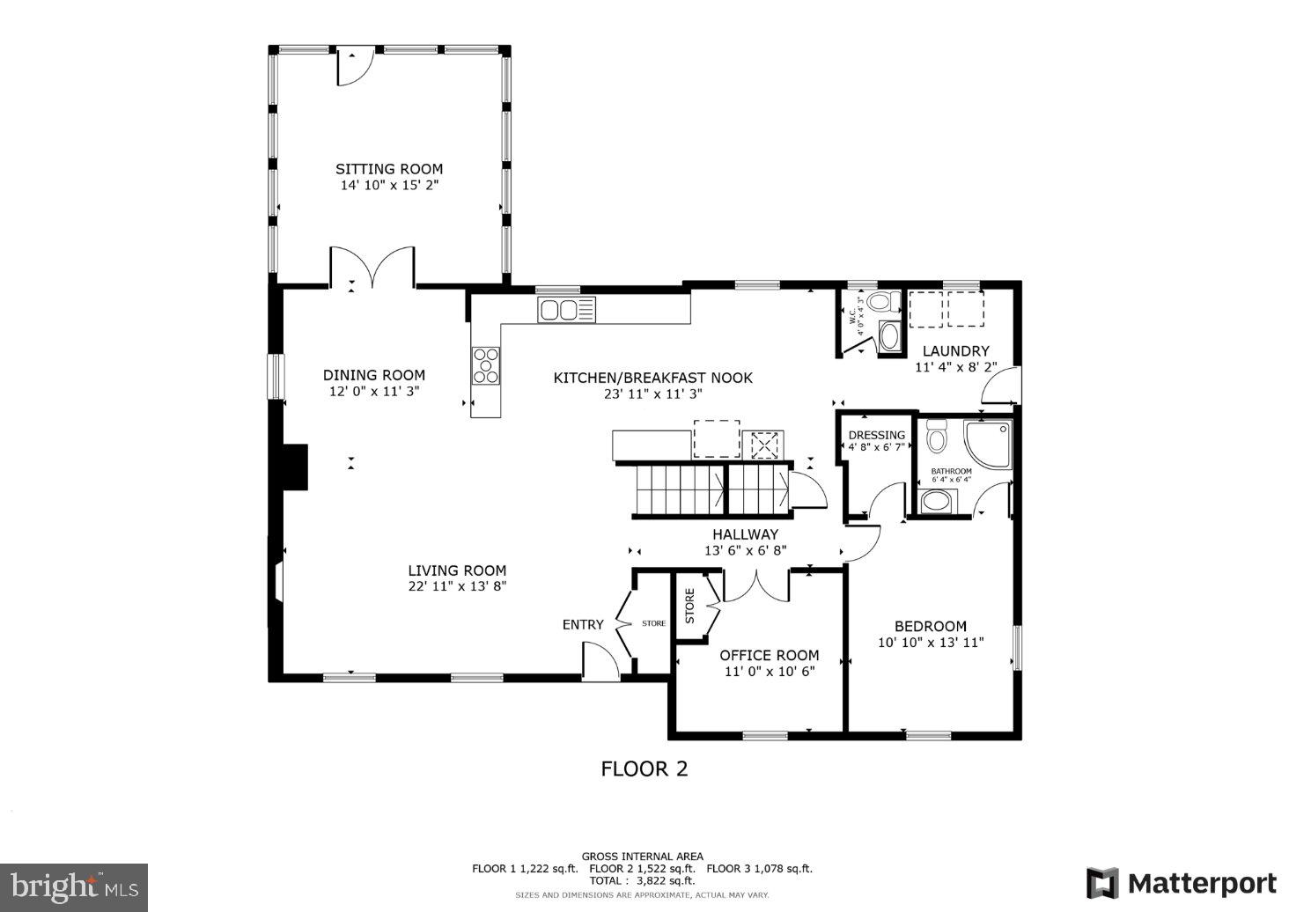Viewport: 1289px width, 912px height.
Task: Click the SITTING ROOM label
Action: pos(388,169)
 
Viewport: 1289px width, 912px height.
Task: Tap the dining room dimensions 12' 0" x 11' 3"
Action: pos(373,392)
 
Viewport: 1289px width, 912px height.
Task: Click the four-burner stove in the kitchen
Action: pos(485,365)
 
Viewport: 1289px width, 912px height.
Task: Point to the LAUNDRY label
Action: pos(955,350)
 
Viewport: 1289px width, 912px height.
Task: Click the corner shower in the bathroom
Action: pos(988,444)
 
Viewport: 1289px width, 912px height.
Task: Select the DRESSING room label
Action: pos(876,435)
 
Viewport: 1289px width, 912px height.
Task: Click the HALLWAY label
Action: pos(745,534)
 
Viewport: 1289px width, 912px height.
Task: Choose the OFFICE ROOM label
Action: pos(769,655)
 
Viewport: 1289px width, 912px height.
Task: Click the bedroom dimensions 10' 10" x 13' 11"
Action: pos(931,643)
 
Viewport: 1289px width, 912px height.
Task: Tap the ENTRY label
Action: pos(583,624)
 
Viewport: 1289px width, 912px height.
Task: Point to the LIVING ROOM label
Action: pos(457,570)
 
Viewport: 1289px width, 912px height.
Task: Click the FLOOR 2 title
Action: pos(644,769)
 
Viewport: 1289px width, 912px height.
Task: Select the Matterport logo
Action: pos(1181,883)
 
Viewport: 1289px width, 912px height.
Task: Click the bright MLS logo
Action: pos(74,885)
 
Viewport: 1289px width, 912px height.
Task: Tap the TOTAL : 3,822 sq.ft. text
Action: pos(642,880)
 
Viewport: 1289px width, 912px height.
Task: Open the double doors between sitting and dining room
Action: pos(372,268)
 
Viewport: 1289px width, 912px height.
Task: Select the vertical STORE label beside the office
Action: pos(689,606)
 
